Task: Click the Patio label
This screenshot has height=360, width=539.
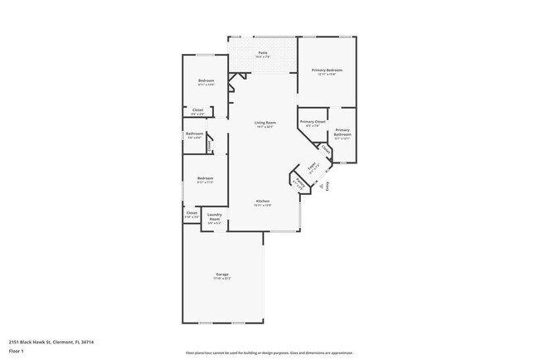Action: [x=262, y=53]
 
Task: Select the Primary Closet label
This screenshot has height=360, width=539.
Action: [x=313, y=122]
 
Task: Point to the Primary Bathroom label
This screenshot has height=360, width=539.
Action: [x=342, y=132]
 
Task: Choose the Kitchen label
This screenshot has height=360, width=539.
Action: [x=263, y=202]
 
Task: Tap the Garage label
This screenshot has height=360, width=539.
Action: [x=222, y=275]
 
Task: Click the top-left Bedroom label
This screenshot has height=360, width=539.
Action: [x=206, y=80]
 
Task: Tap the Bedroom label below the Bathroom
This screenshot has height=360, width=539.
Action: [x=205, y=178]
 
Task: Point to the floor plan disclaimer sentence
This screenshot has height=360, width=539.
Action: [x=269, y=353]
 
